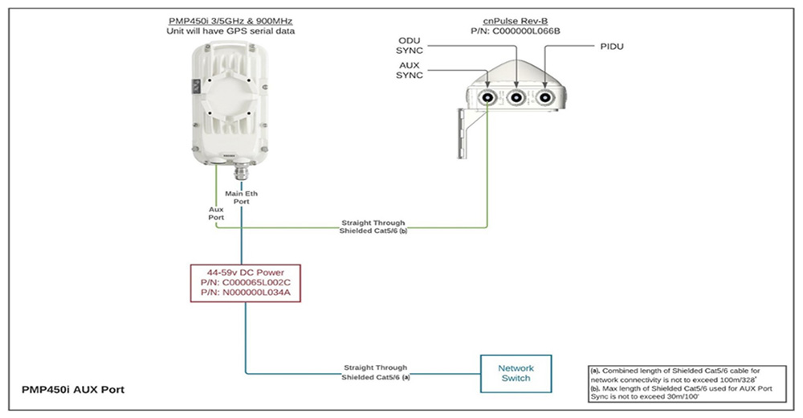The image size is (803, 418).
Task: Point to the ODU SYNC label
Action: [x=414, y=46]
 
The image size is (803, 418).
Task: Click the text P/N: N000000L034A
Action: [x=242, y=294]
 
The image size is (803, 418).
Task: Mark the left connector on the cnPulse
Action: [x=488, y=98]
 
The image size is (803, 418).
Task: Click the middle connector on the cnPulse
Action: [x=516, y=98]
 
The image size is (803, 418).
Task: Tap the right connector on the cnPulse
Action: [x=545, y=98]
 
